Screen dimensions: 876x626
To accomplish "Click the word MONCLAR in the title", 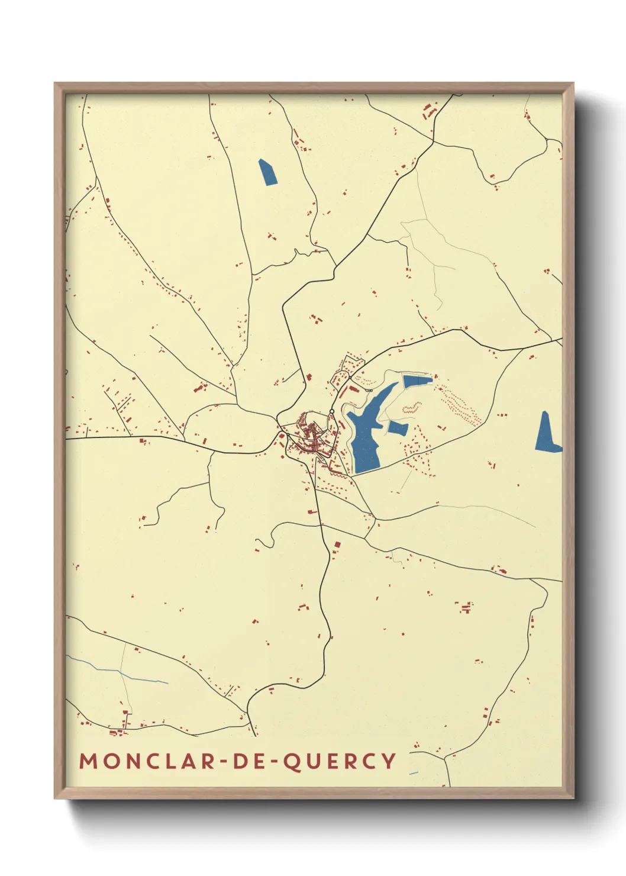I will pos(147,761).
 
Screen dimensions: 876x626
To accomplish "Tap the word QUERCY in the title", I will pos(339,761).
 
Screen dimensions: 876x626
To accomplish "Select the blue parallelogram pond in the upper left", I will pos(267,172).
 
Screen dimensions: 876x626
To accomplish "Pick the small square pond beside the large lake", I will pos(398,429).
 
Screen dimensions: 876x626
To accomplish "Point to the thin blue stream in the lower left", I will pos(118,671).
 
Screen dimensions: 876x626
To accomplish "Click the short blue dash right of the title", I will pos(414,773).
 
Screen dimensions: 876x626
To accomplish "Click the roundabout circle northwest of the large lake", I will pos(332,411).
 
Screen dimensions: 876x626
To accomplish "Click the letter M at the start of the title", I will pos(87,761).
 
